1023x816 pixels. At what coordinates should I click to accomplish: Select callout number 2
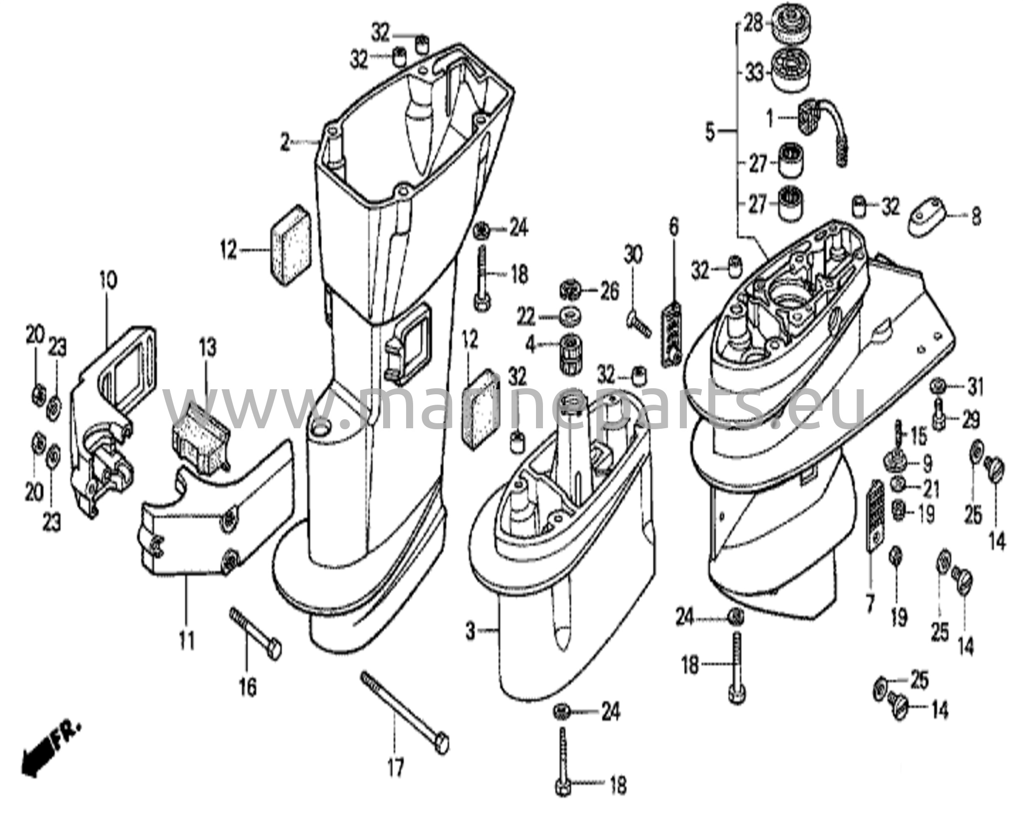(x=285, y=143)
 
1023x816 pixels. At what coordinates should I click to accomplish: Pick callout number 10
(x=108, y=281)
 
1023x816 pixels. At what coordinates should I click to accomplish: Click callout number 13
(x=207, y=347)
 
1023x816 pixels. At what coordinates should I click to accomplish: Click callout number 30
(x=634, y=256)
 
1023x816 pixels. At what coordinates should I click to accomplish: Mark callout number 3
(x=470, y=632)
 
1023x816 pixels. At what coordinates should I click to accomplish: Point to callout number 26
(x=609, y=292)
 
